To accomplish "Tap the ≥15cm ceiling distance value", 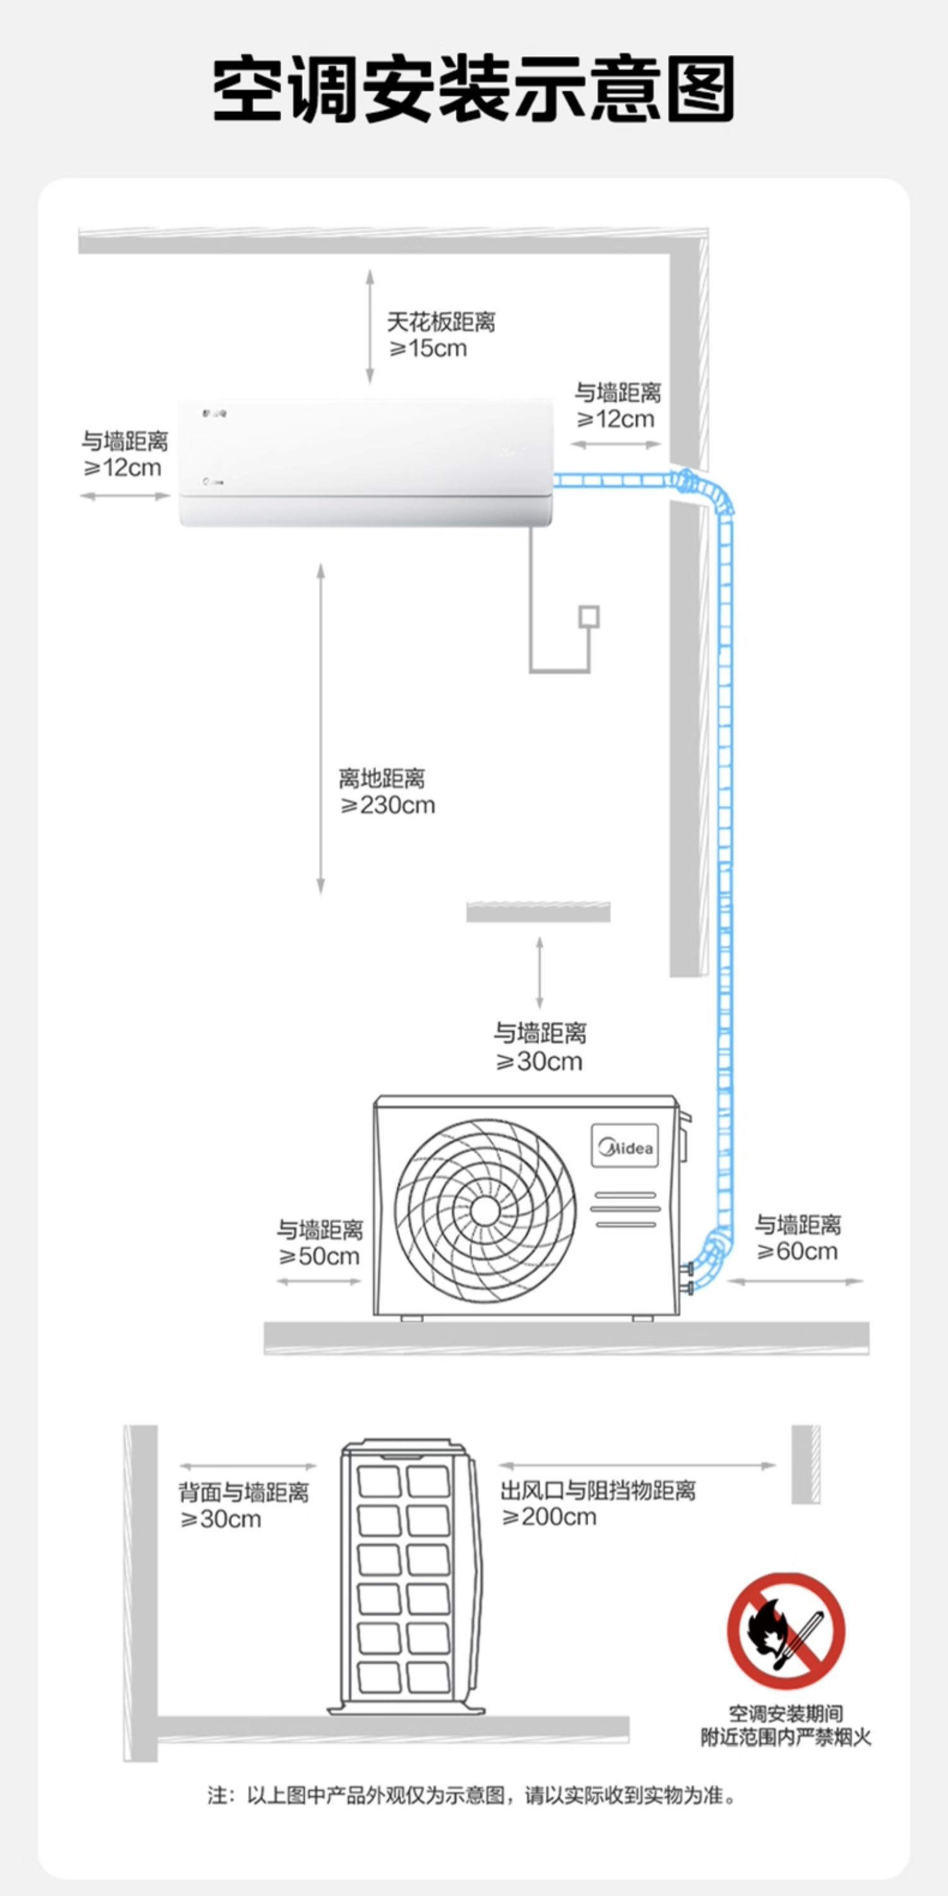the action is pos(428,348).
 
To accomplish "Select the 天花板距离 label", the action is pos(441,322).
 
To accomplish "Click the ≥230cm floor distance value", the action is pos(388,805).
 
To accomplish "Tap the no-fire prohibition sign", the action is pos(786,1631).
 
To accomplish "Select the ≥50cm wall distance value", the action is pos(319,1256).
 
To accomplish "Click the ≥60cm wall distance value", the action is pos(797,1251).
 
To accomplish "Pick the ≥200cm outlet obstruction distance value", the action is pos(549,1517).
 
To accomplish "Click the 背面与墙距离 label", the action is pos(243,1493).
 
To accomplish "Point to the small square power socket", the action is pos(589,617).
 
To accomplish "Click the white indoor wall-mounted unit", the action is pos(366,462).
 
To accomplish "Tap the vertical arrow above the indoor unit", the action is pos(370,327).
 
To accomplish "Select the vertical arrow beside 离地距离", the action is pos(321,729).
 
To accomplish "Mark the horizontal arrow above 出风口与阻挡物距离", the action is pos(638,1466).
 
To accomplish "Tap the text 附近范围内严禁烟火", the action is pos(786,1738).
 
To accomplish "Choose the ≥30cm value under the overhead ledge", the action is pos(540,1061).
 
